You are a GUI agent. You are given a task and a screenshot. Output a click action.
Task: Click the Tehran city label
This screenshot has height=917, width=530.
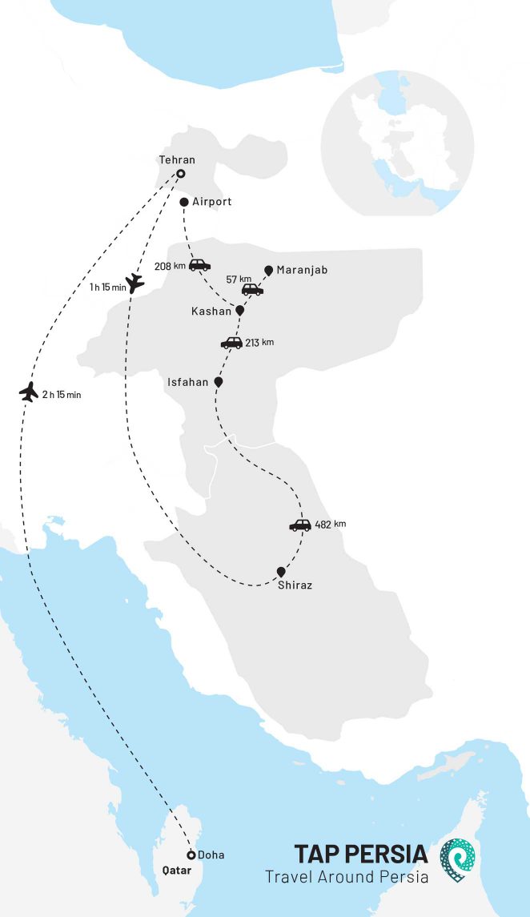(177, 160)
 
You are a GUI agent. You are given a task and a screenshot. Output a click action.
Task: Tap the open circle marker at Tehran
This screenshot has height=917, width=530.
(181, 174)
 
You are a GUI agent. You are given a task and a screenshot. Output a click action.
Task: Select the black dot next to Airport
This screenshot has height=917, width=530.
(184, 202)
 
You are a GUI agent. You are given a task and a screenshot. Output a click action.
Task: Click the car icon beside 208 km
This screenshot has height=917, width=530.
(199, 265)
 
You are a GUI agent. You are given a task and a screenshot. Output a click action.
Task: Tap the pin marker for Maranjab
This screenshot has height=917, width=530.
(268, 271)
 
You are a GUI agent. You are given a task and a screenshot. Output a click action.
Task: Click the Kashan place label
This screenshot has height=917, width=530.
(211, 310)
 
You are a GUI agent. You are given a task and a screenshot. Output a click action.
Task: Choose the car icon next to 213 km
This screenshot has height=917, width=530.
(231, 343)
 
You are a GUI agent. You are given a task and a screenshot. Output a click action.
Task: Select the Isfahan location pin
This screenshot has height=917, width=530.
(219, 383)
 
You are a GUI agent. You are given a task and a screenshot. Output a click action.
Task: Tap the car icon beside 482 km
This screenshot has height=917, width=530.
(299, 525)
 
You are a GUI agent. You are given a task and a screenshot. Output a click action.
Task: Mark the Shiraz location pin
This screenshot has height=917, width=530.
(281, 572)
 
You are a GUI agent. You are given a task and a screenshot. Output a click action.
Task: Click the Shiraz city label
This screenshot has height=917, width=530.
(295, 585)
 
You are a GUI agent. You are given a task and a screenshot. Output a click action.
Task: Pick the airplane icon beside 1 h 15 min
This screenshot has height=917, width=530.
(135, 282)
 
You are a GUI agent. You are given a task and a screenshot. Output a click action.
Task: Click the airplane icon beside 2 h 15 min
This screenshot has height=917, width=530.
(29, 392)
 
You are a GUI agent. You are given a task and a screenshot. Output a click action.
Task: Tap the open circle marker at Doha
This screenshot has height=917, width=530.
(191, 855)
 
